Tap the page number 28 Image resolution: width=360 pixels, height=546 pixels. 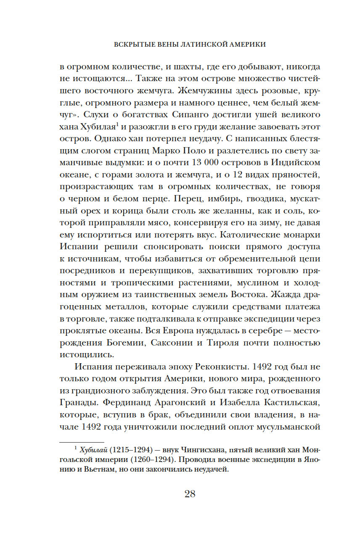pos(190,494)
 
